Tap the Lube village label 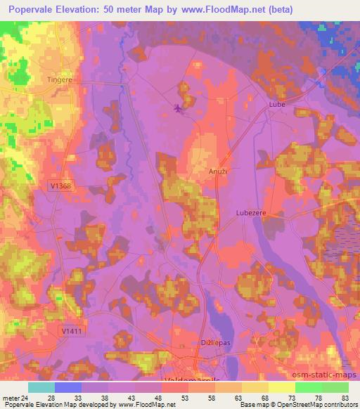[276, 105]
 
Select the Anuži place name [217, 171]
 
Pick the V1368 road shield [61, 186]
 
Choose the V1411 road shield [71, 330]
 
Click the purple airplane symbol [177, 108]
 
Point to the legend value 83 [345, 397]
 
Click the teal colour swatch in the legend [41, 387]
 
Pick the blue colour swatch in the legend [68, 387]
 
